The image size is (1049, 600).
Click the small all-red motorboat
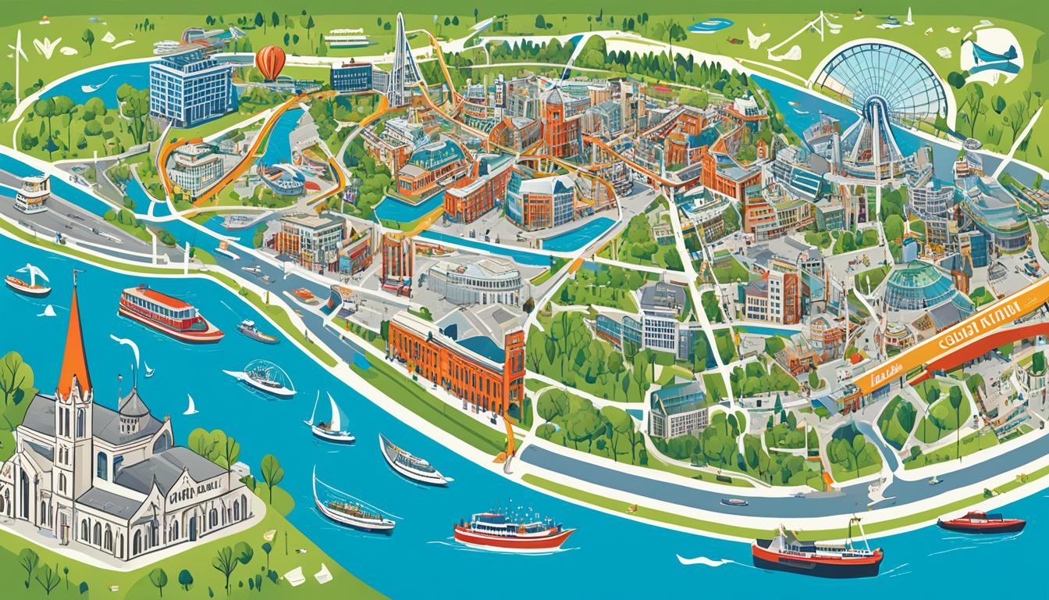coord(981,521)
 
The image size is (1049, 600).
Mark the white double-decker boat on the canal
coord(31,192)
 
